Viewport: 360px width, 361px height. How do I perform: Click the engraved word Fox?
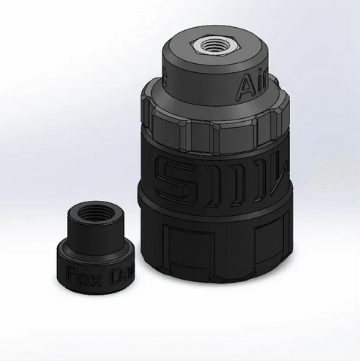pos(80,272)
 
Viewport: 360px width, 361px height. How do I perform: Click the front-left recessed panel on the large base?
pos(188,248)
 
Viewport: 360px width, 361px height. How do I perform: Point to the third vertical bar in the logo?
pos(238,179)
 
